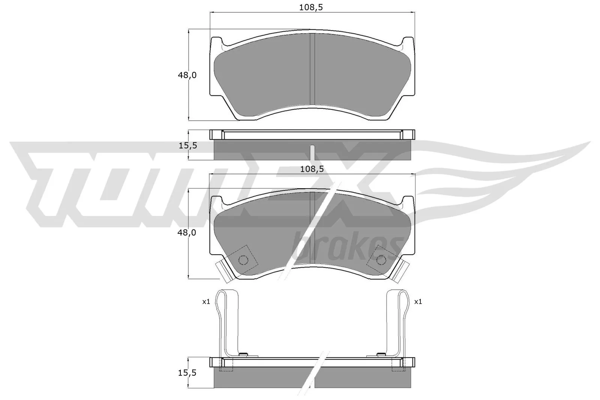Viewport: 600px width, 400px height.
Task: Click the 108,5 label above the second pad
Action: [x=312, y=169]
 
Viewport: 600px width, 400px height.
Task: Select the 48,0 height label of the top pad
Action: [x=187, y=75]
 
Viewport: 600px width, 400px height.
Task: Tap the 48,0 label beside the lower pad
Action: [x=187, y=233]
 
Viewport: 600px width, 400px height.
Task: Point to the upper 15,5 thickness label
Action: [x=187, y=145]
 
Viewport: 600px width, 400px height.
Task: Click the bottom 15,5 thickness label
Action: [x=187, y=373]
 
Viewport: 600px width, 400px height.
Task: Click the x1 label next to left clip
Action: [x=206, y=301]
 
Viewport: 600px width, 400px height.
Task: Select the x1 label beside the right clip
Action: [x=418, y=301]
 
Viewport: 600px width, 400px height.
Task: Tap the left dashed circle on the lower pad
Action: [x=243, y=260]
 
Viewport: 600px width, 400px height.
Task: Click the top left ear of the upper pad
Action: [x=217, y=42]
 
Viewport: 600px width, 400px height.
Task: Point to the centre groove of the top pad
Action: [x=312, y=69]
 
